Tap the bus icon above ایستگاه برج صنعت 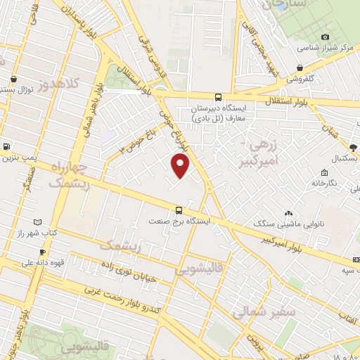pyautogui.click(x=179, y=210)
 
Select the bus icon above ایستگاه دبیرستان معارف pyautogui.click(x=217, y=98)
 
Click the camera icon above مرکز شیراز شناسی pyautogui.click(x=325, y=37)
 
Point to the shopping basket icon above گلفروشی pyautogui.click(x=300, y=68)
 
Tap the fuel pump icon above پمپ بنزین pyautogui.click(x=6, y=147)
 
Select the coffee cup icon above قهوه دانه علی pyautogui.click(x=42, y=252)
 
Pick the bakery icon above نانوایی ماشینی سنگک pyautogui.click(x=288, y=213)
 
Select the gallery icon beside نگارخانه pyautogui.click(x=323, y=172)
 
